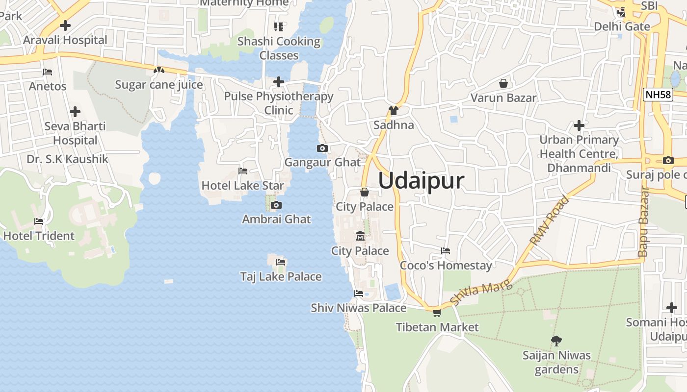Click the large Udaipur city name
coord(421,181)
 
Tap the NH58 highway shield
coord(658,95)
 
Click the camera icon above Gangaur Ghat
coord(322,148)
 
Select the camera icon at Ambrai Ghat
coord(276,205)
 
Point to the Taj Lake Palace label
coord(281,276)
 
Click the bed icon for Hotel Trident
coord(39,221)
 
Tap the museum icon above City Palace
coord(360,236)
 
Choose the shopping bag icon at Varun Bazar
coord(503,83)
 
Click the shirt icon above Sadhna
coord(393,111)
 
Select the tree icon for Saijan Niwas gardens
coord(556,341)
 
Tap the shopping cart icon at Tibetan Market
coord(437,313)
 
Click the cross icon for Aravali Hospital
coord(65,25)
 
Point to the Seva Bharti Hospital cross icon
coord(75,112)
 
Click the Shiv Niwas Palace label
coord(358,308)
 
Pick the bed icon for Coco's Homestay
coord(446,251)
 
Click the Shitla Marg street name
coord(481,292)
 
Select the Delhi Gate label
coord(622,26)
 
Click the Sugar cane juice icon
coord(159,71)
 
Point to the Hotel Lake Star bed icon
coord(242,171)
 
